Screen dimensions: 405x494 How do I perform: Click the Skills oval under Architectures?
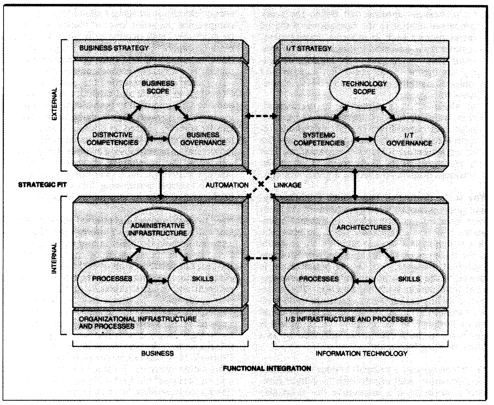click(x=409, y=279)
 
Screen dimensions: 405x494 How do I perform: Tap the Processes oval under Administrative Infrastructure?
click(x=112, y=279)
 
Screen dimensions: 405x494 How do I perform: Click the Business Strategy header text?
click(x=114, y=48)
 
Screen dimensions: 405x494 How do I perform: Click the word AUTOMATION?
click(x=227, y=185)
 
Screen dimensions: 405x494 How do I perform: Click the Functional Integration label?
click(x=267, y=368)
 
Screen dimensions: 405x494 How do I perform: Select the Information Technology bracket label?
click(x=361, y=353)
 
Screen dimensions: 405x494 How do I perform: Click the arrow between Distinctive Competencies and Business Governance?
click(x=157, y=139)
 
